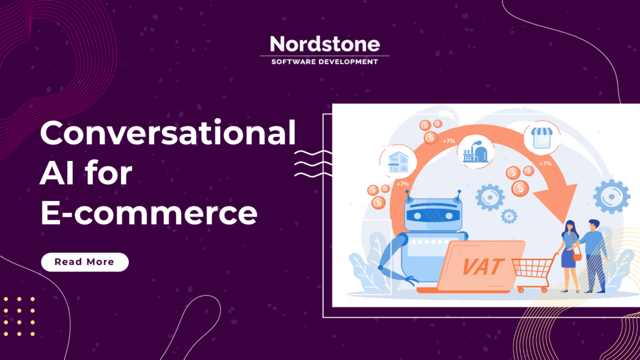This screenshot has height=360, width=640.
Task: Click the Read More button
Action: pos(84,262)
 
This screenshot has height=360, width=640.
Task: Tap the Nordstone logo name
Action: pos(324,44)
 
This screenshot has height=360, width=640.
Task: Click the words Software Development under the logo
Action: pos(324,62)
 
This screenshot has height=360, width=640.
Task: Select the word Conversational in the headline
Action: pos(168,134)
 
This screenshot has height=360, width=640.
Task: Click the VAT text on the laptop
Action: pos(481,266)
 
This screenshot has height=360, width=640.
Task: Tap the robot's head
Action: pos(433,213)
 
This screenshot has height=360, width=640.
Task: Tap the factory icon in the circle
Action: pos(475,150)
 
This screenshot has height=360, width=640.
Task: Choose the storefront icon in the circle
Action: pos(541,137)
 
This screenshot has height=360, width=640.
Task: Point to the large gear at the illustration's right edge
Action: pos(611,196)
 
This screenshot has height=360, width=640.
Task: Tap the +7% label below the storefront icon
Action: pos(545,163)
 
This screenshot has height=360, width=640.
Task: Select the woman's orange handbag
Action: pos(577,256)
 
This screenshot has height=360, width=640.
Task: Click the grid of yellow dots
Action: pos(19,316)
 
